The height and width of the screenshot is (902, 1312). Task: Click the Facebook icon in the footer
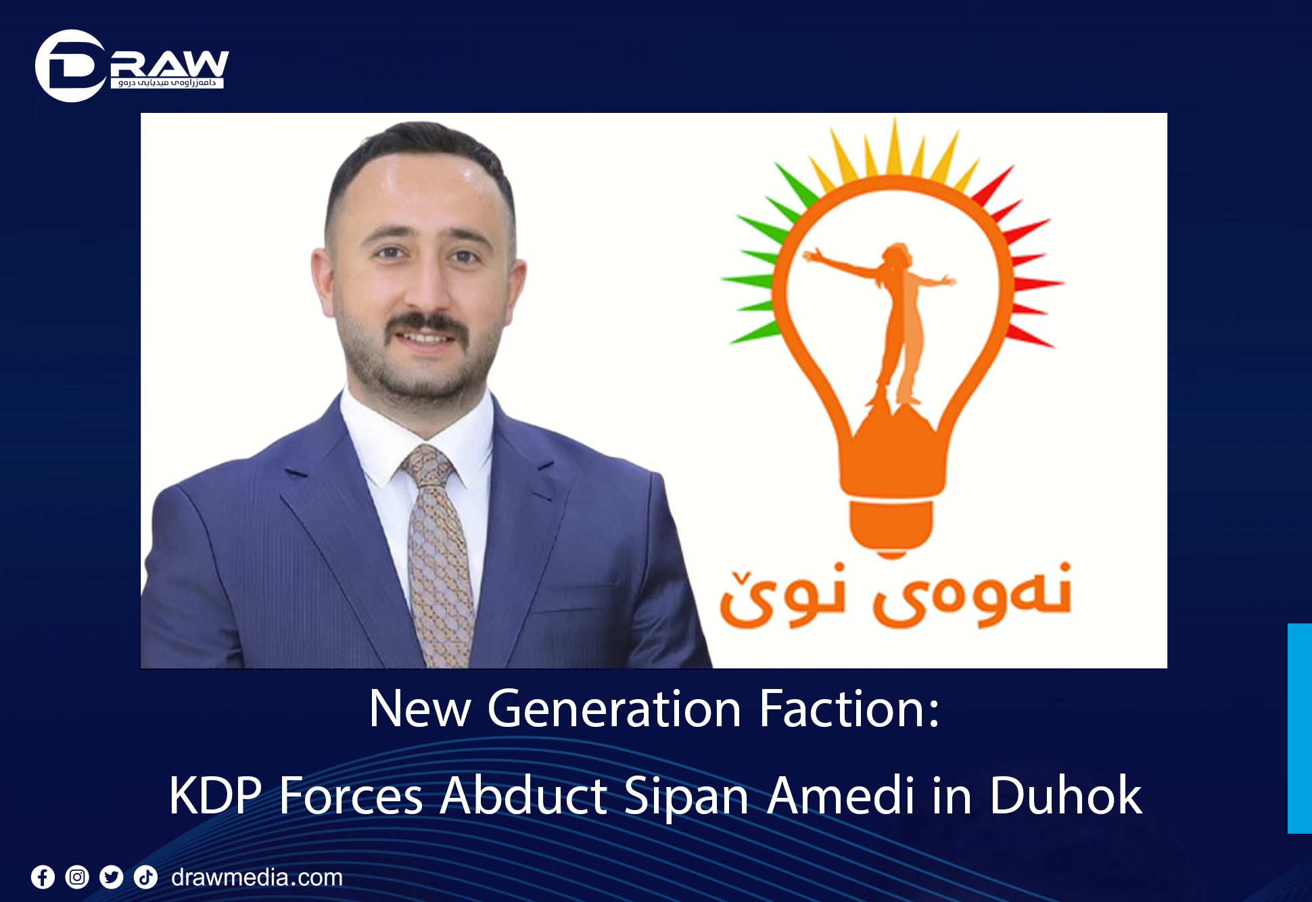43,878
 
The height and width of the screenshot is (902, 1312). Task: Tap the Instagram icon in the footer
77,878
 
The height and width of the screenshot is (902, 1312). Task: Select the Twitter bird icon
112,878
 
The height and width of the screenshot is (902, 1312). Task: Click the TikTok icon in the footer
145,878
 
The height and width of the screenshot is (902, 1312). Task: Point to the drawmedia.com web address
257,878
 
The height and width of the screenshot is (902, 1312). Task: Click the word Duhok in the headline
1065,796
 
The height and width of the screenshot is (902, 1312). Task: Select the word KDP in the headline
215,796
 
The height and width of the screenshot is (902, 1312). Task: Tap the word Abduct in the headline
523,796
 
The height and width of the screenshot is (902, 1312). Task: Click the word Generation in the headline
614,709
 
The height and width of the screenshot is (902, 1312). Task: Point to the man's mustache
427,325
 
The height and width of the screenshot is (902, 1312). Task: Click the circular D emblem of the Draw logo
70,66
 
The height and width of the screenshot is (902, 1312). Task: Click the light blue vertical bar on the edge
1299,728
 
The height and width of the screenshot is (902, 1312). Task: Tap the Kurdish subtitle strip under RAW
167,82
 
